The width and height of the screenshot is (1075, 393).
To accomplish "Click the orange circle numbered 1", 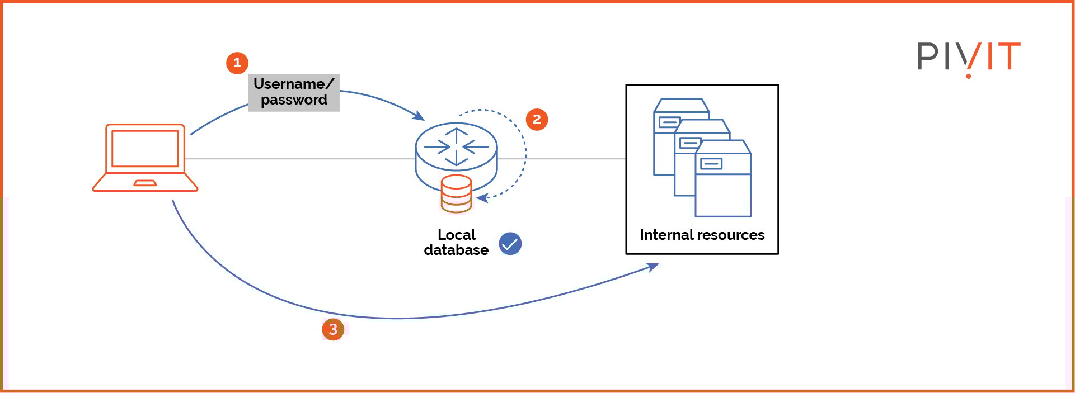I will tap(237, 63).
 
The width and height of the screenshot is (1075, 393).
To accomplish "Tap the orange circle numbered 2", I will tap(537, 119).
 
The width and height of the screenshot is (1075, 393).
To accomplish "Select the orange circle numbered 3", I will tap(333, 329).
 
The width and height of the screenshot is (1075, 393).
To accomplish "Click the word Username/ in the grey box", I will tap(293, 84).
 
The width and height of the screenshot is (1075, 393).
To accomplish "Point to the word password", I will tap(294, 100).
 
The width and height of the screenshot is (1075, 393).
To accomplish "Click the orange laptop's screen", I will tap(145, 148).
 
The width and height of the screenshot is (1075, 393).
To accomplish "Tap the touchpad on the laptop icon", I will tap(145, 183).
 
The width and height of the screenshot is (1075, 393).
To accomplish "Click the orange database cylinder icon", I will tap(456, 194).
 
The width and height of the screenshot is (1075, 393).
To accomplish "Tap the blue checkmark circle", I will tap(510, 244).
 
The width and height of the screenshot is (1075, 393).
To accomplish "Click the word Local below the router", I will tap(456, 235).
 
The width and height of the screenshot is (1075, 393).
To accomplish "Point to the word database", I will tap(456, 250).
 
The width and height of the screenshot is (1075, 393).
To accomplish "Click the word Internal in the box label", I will tap(665, 235).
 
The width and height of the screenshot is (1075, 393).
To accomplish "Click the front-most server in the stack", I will tap(723, 184).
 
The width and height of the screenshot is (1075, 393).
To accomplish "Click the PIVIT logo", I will tap(969, 58).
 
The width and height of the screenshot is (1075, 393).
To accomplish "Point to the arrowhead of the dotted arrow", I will tap(481, 197).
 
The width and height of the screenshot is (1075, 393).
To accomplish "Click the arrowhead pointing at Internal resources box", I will tap(653, 267).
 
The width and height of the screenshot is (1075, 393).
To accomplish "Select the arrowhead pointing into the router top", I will tap(419, 116).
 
